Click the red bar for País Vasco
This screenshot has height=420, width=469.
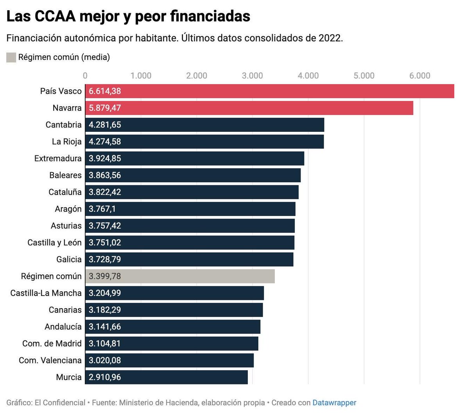(x=270, y=91)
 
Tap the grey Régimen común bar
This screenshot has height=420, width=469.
(x=180, y=276)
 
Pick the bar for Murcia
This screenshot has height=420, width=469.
(x=166, y=377)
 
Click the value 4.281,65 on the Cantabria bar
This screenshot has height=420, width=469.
(x=105, y=125)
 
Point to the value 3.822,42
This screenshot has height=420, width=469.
(x=105, y=192)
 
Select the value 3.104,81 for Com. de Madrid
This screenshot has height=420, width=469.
(x=105, y=343)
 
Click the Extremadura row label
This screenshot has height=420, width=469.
(x=58, y=158)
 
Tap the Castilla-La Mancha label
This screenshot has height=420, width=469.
(x=46, y=293)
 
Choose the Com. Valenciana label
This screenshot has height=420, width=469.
(x=50, y=360)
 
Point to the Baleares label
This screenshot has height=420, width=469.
(x=65, y=175)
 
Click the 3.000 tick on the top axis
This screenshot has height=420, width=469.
(x=252, y=75)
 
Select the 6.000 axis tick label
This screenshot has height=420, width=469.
(x=419, y=75)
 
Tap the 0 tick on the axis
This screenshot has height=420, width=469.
(x=85, y=75)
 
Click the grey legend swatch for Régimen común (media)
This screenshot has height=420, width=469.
(x=11, y=57)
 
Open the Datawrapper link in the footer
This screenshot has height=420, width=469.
(x=334, y=402)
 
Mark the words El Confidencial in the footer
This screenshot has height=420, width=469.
(x=60, y=402)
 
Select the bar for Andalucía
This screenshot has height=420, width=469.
(x=172, y=327)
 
